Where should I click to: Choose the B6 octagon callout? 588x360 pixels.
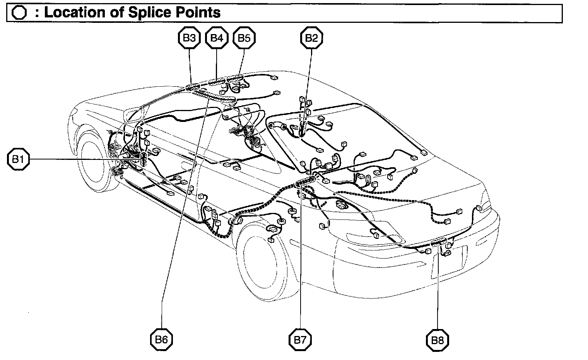[x=161, y=339]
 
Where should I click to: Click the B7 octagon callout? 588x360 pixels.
[x=300, y=340]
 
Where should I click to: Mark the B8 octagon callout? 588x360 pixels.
[x=438, y=340]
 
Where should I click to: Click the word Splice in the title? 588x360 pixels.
[x=146, y=12]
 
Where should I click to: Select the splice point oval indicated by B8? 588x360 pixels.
[x=439, y=243]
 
